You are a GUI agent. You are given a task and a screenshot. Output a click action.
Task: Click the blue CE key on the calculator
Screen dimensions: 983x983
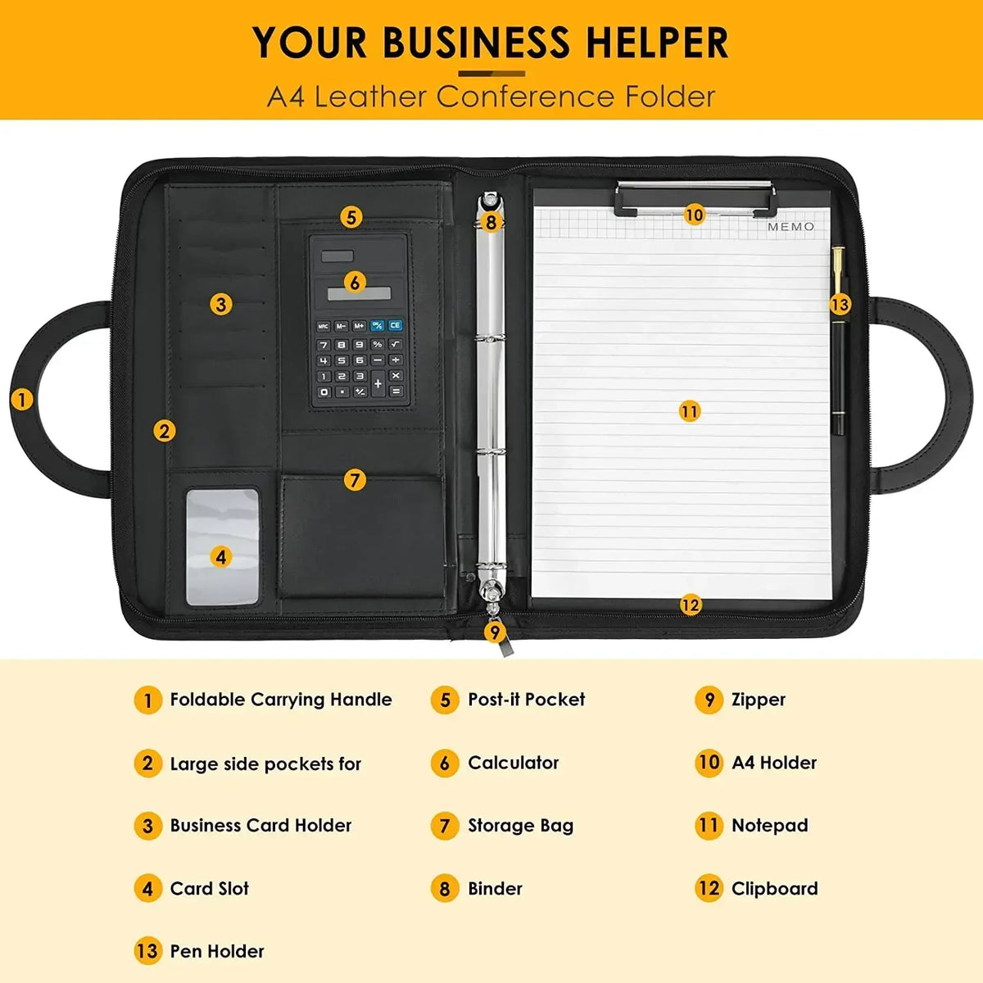395,325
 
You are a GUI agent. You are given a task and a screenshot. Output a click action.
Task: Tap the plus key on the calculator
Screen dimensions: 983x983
378,383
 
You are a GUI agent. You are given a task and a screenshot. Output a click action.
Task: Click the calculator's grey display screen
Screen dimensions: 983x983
359,292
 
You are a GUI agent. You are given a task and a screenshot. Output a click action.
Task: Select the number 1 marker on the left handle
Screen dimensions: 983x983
22,400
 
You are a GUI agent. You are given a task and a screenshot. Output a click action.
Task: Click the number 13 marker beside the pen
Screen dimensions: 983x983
840,305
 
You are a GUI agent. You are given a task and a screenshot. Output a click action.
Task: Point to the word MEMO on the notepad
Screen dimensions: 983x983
790,226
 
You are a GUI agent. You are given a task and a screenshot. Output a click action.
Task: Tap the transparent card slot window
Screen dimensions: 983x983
222,547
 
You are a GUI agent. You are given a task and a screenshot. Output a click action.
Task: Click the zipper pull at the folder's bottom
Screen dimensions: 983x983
505,646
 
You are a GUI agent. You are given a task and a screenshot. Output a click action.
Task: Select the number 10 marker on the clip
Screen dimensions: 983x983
695,215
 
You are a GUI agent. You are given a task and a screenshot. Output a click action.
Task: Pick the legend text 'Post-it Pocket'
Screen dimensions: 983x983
527,700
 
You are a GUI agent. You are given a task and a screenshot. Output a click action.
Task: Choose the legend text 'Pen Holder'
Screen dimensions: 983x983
217,951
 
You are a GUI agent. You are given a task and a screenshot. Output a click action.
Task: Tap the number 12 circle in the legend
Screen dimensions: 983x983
709,888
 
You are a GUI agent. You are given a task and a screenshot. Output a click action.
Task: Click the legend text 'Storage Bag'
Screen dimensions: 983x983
521,826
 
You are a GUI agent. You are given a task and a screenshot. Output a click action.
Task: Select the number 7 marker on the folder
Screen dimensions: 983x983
355,480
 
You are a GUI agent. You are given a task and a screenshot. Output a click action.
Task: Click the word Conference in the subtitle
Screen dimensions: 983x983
525,97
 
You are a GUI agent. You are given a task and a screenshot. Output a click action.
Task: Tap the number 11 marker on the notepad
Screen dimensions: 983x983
689,411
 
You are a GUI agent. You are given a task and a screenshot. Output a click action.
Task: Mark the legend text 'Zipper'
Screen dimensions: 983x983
759,700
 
